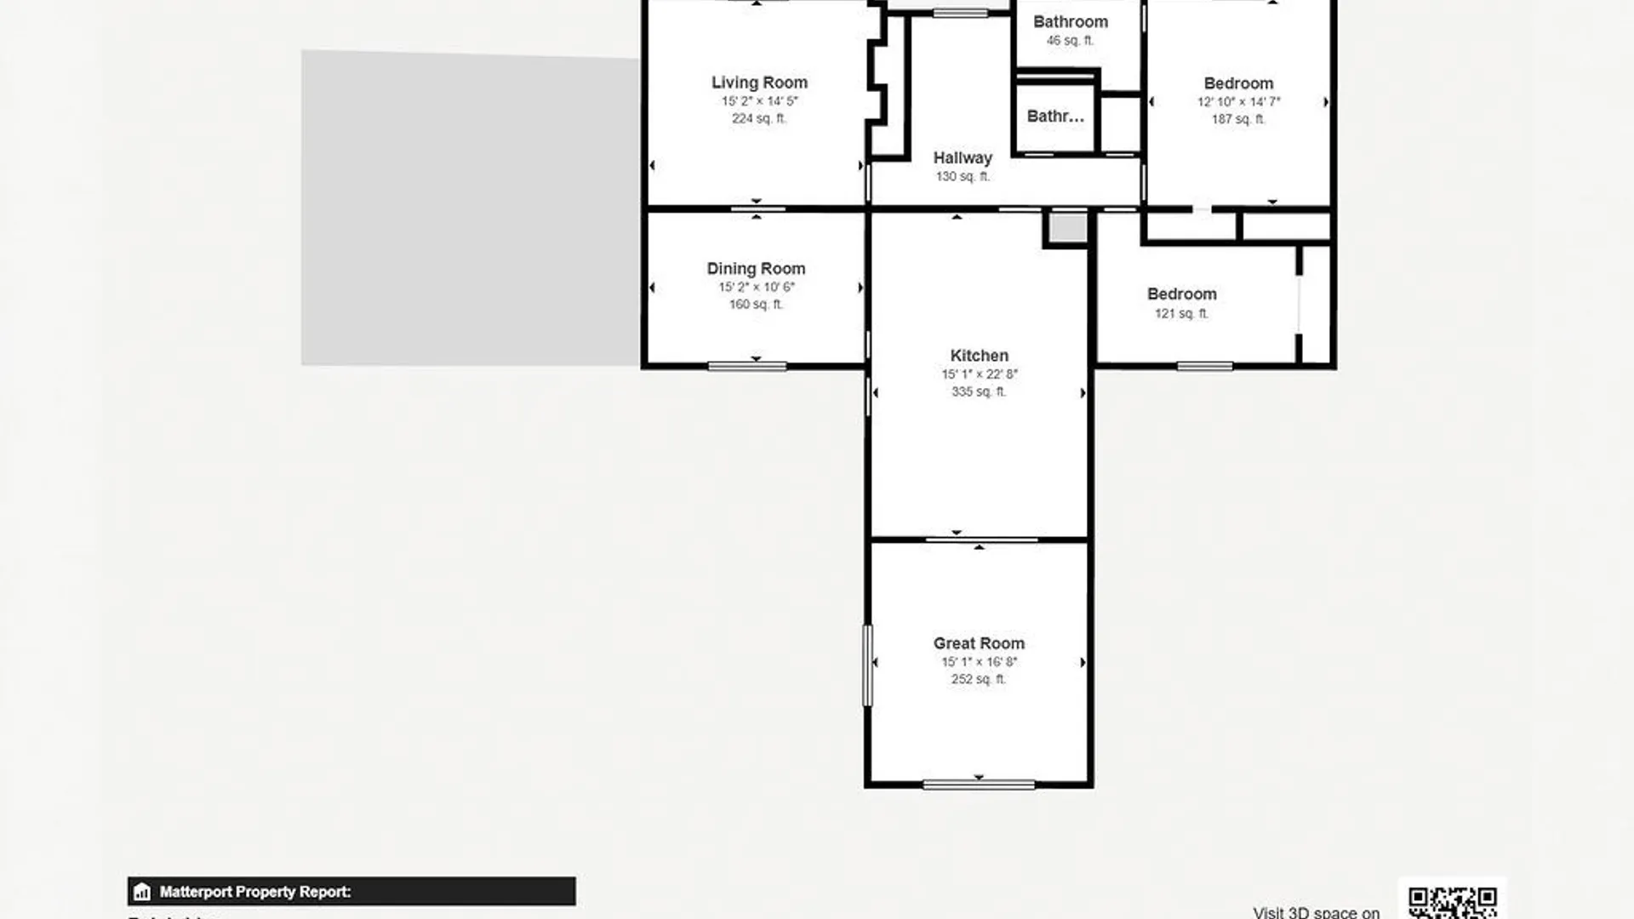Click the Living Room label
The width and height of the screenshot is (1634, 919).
[759, 83]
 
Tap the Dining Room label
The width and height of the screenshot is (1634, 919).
[756, 269]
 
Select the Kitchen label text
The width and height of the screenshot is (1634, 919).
[979, 356]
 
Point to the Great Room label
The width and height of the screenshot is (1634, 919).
[979, 643]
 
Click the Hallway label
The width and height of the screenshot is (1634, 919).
[963, 158]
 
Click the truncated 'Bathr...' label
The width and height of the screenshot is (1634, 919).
[1055, 117]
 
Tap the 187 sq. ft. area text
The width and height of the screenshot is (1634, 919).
[1238, 119]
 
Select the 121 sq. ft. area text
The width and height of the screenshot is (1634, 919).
[1181, 314]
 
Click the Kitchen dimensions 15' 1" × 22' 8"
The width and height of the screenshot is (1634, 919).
[979, 374]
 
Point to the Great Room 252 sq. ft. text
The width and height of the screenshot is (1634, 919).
[979, 679]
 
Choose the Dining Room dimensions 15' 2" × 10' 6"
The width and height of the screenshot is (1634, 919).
[756, 288]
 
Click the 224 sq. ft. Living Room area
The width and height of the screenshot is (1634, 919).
[759, 119]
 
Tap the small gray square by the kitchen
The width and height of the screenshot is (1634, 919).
[1067, 228]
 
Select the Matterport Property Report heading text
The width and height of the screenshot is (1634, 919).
[255, 892]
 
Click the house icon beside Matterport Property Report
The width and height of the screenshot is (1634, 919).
[142, 892]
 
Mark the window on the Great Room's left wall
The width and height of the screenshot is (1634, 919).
[868, 665]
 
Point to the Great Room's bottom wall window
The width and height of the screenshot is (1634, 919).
[979, 785]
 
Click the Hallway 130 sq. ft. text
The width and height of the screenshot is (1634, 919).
[963, 177]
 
